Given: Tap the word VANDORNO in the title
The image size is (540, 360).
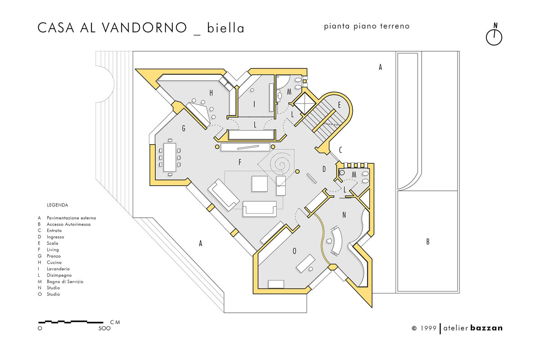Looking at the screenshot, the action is [x=144, y=28].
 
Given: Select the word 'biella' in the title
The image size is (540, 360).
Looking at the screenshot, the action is [x=225, y=28].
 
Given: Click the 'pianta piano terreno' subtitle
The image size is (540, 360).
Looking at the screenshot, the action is [x=367, y=26].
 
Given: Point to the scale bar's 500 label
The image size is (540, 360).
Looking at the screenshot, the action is [x=104, y=328].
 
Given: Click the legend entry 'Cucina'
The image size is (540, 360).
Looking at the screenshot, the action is [x=54, y=262].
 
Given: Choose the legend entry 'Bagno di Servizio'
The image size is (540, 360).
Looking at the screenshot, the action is [x=65, y=281].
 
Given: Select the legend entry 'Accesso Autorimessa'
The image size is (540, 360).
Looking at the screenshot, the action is [x=69, y=224].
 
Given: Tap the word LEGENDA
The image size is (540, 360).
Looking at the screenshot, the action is [x=58, y=205].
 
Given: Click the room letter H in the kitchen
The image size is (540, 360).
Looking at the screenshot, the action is [x=211, y=93].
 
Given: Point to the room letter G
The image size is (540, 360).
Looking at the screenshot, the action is [x=184, y=128].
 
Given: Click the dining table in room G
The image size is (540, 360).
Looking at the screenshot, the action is [x=170, y=157].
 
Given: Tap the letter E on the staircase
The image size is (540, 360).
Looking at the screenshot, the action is [x=339, y=105].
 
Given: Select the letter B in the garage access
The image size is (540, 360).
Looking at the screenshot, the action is [x=428, y=241].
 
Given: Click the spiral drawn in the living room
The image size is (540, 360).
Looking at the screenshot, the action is [x=280, y=164].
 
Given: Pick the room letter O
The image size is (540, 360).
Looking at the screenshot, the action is [x=294, y=251].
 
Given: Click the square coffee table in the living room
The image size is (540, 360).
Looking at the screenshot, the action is [x=260, y=184].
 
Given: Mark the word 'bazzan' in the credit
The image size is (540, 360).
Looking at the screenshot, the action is [x=486, y=328].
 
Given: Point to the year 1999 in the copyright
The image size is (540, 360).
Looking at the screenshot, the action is [x=428, y=328].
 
